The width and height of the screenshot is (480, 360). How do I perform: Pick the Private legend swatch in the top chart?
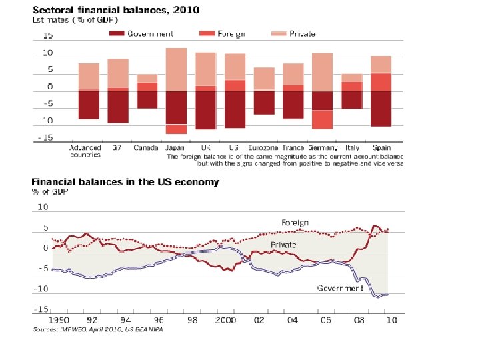(x=278, y=34)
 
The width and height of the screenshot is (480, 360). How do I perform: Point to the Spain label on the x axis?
(x=382, y=147)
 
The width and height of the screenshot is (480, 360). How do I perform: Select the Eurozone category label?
(x=264, y=147)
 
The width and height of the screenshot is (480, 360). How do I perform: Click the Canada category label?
(x=146, y=147)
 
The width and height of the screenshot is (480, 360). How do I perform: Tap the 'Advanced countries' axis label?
(x=85, y=151)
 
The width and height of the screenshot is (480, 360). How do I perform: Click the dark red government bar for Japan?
(x=176, y=107)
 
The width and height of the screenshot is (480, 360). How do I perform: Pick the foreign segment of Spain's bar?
(x=381, y=81)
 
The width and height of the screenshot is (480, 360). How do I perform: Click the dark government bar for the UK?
(x=205, y=110)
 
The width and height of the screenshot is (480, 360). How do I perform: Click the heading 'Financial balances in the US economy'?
(x=125, y=182)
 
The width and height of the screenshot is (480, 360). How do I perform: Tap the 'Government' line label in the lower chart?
(x=340, y=289)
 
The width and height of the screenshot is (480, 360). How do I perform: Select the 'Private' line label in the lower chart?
(x=283, y=245)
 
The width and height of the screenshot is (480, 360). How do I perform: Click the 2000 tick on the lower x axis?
(x=225, y=320)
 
